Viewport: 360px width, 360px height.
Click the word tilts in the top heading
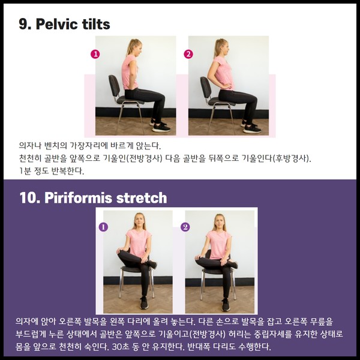pyautogui.click(x=96, y=24)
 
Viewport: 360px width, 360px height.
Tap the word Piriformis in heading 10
pyautogui.click(x=79, y=197)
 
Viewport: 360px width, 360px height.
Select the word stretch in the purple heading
pyautogui.click(x=142, y=198)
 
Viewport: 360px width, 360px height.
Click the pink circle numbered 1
pyautogui.click(x=95, y=54)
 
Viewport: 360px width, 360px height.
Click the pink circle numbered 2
pyautogui.click(x=188, y=54)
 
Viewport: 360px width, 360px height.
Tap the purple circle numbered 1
pyautogui.click(x=103, y=227)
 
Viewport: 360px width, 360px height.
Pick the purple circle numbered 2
pyautogui.click(x=185, y=227)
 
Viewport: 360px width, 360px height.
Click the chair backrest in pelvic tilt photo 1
pyautogui.click(x=114, y=86)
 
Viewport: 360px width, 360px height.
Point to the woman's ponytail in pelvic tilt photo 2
pyautogui.click(x=217, y=47)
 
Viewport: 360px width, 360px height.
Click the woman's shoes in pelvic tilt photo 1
pyautogui.click(x=160, y=125)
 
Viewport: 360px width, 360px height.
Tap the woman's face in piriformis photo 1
pyautogui.click(x=139, y=220)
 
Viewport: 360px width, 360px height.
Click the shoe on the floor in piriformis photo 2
pyautogui.click(x=226, y=305)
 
